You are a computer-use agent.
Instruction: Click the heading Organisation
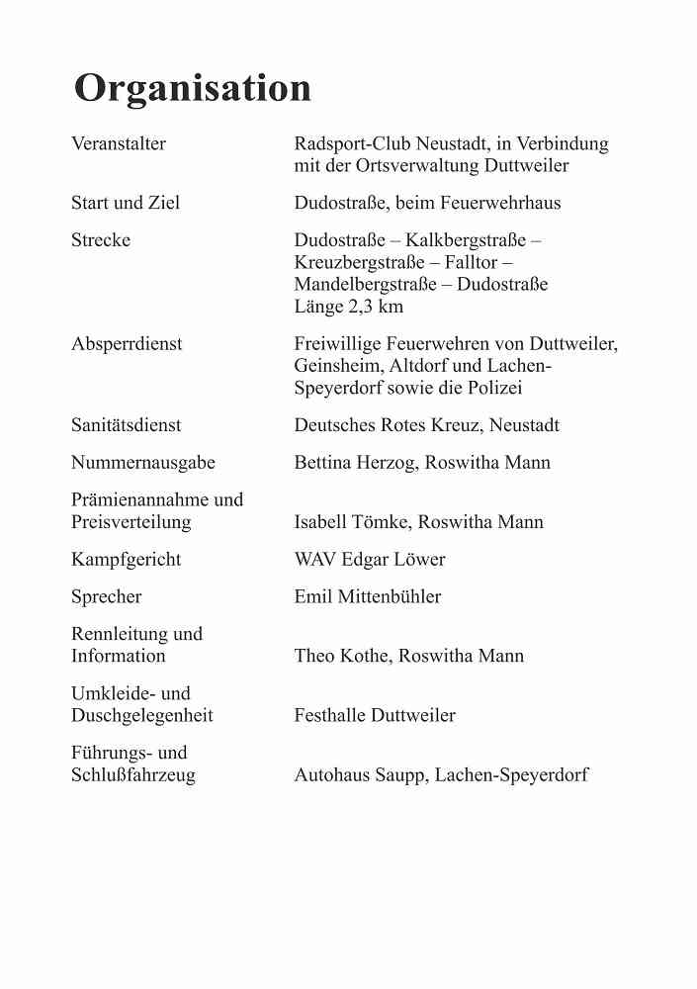pyautogui.click(x=193, y=88)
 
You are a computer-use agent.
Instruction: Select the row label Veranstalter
pyautogui.click(x=119, y=144)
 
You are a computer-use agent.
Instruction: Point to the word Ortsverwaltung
pyautogui.click(x=418, y=166)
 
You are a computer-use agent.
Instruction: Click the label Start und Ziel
pyautogui.click(x=126, y=204)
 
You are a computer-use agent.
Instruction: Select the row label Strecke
pyautogui.click(x=101, y=240)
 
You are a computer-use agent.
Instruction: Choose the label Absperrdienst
pyautogui.click(x=127, y=344)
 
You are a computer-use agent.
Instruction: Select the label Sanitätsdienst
pyautogui.click(x=127, y=425)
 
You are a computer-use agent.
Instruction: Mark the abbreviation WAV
pyautogui.click(x=316, y=560)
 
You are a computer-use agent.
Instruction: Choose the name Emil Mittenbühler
pyautogui.click(x=368, y=597)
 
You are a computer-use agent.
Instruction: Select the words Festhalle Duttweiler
pyautogui.click(x=375, y=715)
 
